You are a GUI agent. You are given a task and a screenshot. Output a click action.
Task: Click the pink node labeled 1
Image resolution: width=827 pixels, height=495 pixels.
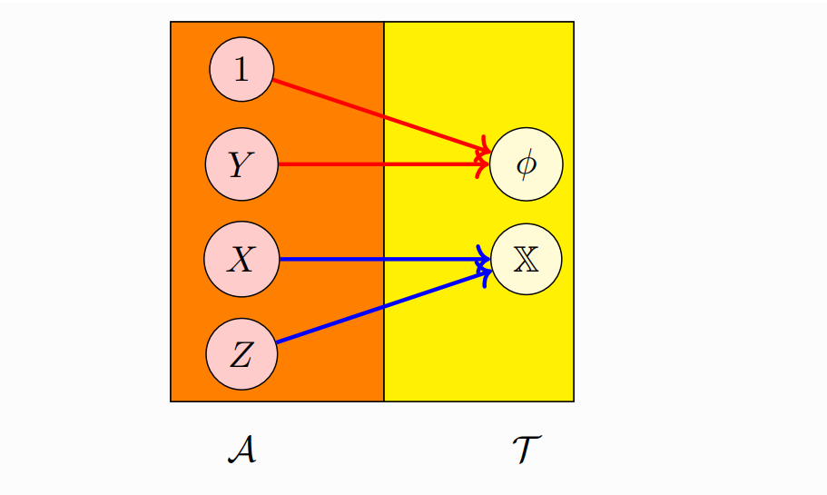coord(241,69)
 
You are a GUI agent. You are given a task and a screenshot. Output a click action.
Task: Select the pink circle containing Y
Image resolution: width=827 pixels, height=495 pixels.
coord(241,165)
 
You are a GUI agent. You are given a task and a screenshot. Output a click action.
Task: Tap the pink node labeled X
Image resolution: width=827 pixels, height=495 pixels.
coord(241,260)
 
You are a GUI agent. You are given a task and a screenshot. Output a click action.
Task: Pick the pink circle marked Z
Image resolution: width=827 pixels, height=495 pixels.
coord(241,354)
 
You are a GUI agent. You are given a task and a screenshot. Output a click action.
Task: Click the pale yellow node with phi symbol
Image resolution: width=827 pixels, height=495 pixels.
coord(526,165)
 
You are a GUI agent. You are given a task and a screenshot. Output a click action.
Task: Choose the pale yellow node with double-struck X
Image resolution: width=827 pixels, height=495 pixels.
coord(526,260)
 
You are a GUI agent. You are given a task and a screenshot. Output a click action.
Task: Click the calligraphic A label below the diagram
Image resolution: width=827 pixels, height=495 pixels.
coord(241,450)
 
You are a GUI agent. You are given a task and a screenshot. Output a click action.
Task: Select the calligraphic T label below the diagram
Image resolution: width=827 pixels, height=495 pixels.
coord(527,450)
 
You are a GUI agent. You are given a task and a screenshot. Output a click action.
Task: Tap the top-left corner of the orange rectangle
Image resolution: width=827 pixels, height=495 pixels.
coord(171,22)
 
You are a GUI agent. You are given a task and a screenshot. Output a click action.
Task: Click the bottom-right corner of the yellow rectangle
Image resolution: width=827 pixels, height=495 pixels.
coord(574,401)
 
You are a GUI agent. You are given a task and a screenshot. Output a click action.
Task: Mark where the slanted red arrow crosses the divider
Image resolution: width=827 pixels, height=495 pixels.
coord(384,116)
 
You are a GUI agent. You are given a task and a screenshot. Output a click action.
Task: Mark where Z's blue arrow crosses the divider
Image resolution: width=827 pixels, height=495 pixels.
coord(384,306)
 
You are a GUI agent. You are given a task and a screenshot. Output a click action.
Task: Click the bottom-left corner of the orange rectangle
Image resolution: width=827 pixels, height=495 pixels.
coord(171,401)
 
